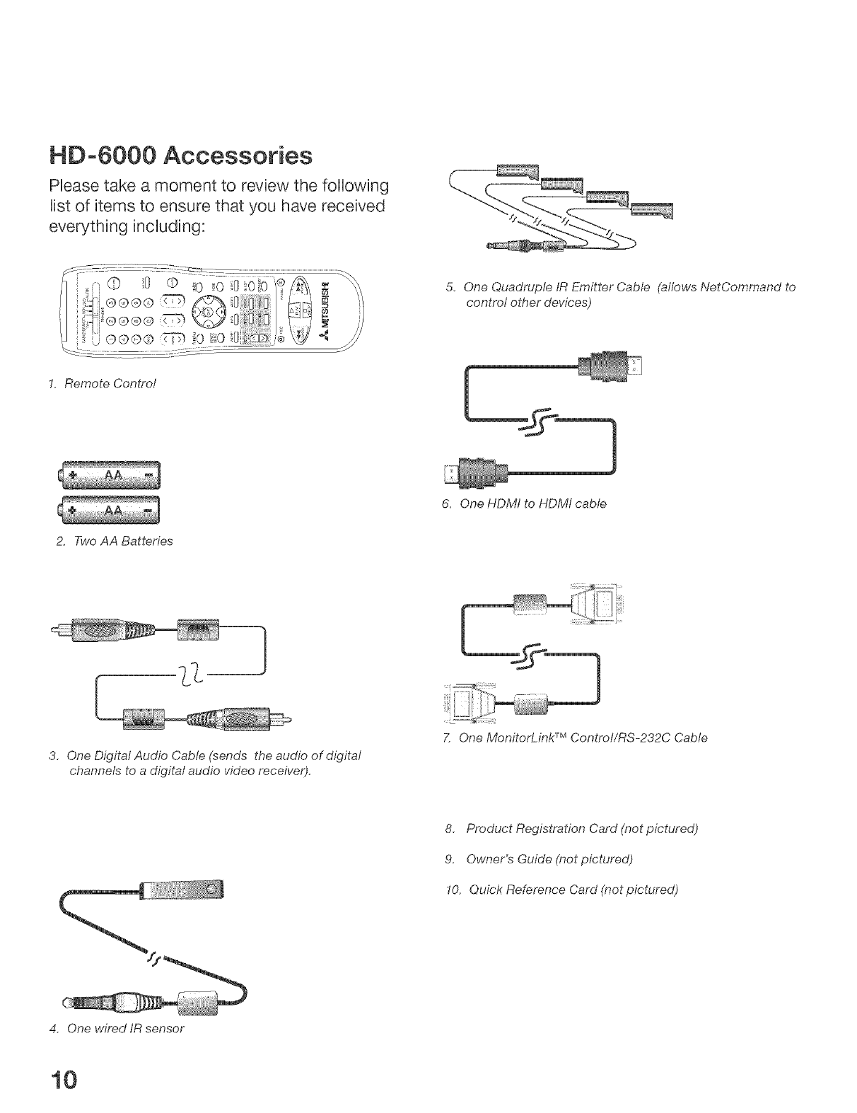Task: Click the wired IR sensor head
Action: tap(182, 890)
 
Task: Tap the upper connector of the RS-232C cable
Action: tap(599, 602)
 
